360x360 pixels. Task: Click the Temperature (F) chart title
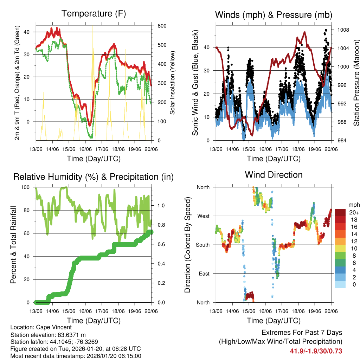tap(94, 14)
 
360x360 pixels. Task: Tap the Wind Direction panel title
tap(274, 175)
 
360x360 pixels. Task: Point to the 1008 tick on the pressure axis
tap(342, 30)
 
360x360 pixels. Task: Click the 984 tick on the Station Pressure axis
tap(341, 141)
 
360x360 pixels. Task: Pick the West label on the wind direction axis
tap(204, 216)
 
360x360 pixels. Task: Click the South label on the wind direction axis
tap(203, 245)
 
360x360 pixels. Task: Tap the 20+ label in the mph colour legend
tap(353, 212)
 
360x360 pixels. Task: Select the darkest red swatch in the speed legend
tap(340, 212)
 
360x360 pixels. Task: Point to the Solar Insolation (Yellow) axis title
tap(173, 83)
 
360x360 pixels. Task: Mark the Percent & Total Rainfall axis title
tap(13, 245)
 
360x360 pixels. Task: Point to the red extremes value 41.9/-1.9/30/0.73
tap(316, 351)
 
